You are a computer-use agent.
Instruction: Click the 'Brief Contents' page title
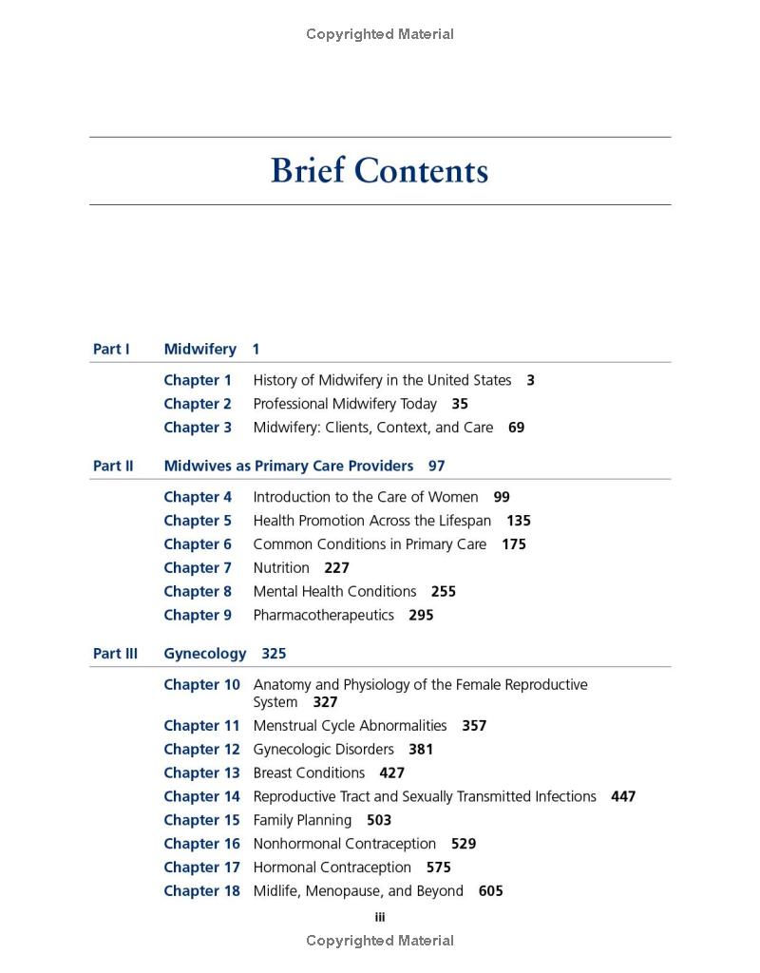click(379, 171)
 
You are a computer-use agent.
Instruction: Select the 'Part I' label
click(111, 349)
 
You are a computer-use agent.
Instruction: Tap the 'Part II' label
click(113, 466)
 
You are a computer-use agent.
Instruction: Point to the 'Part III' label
click(115, 654)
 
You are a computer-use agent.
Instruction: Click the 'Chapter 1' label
click(198, 380)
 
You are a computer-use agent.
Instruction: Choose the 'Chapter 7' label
click(198, 568)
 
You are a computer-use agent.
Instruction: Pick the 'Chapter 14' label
click(201, 796)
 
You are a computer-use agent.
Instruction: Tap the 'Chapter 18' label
click(201, 891)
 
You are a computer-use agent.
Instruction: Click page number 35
click(460, 404)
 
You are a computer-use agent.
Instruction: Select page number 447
click(623, 796)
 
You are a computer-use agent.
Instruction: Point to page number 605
click(491, 891)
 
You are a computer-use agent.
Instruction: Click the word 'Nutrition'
click(281, 568)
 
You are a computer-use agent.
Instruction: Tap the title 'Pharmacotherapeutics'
click(323, 615)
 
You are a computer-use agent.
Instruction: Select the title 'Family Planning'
click(302, 820)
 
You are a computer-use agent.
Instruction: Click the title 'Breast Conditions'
click(309, 773)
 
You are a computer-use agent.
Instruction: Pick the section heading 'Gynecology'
click(204, 654)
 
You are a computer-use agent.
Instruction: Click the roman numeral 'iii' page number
click(380, 917)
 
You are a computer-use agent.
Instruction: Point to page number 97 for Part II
click(436, 466)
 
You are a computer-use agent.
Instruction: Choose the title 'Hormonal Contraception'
click(332, 868)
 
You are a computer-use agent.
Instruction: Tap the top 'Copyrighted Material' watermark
click(380, 34)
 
